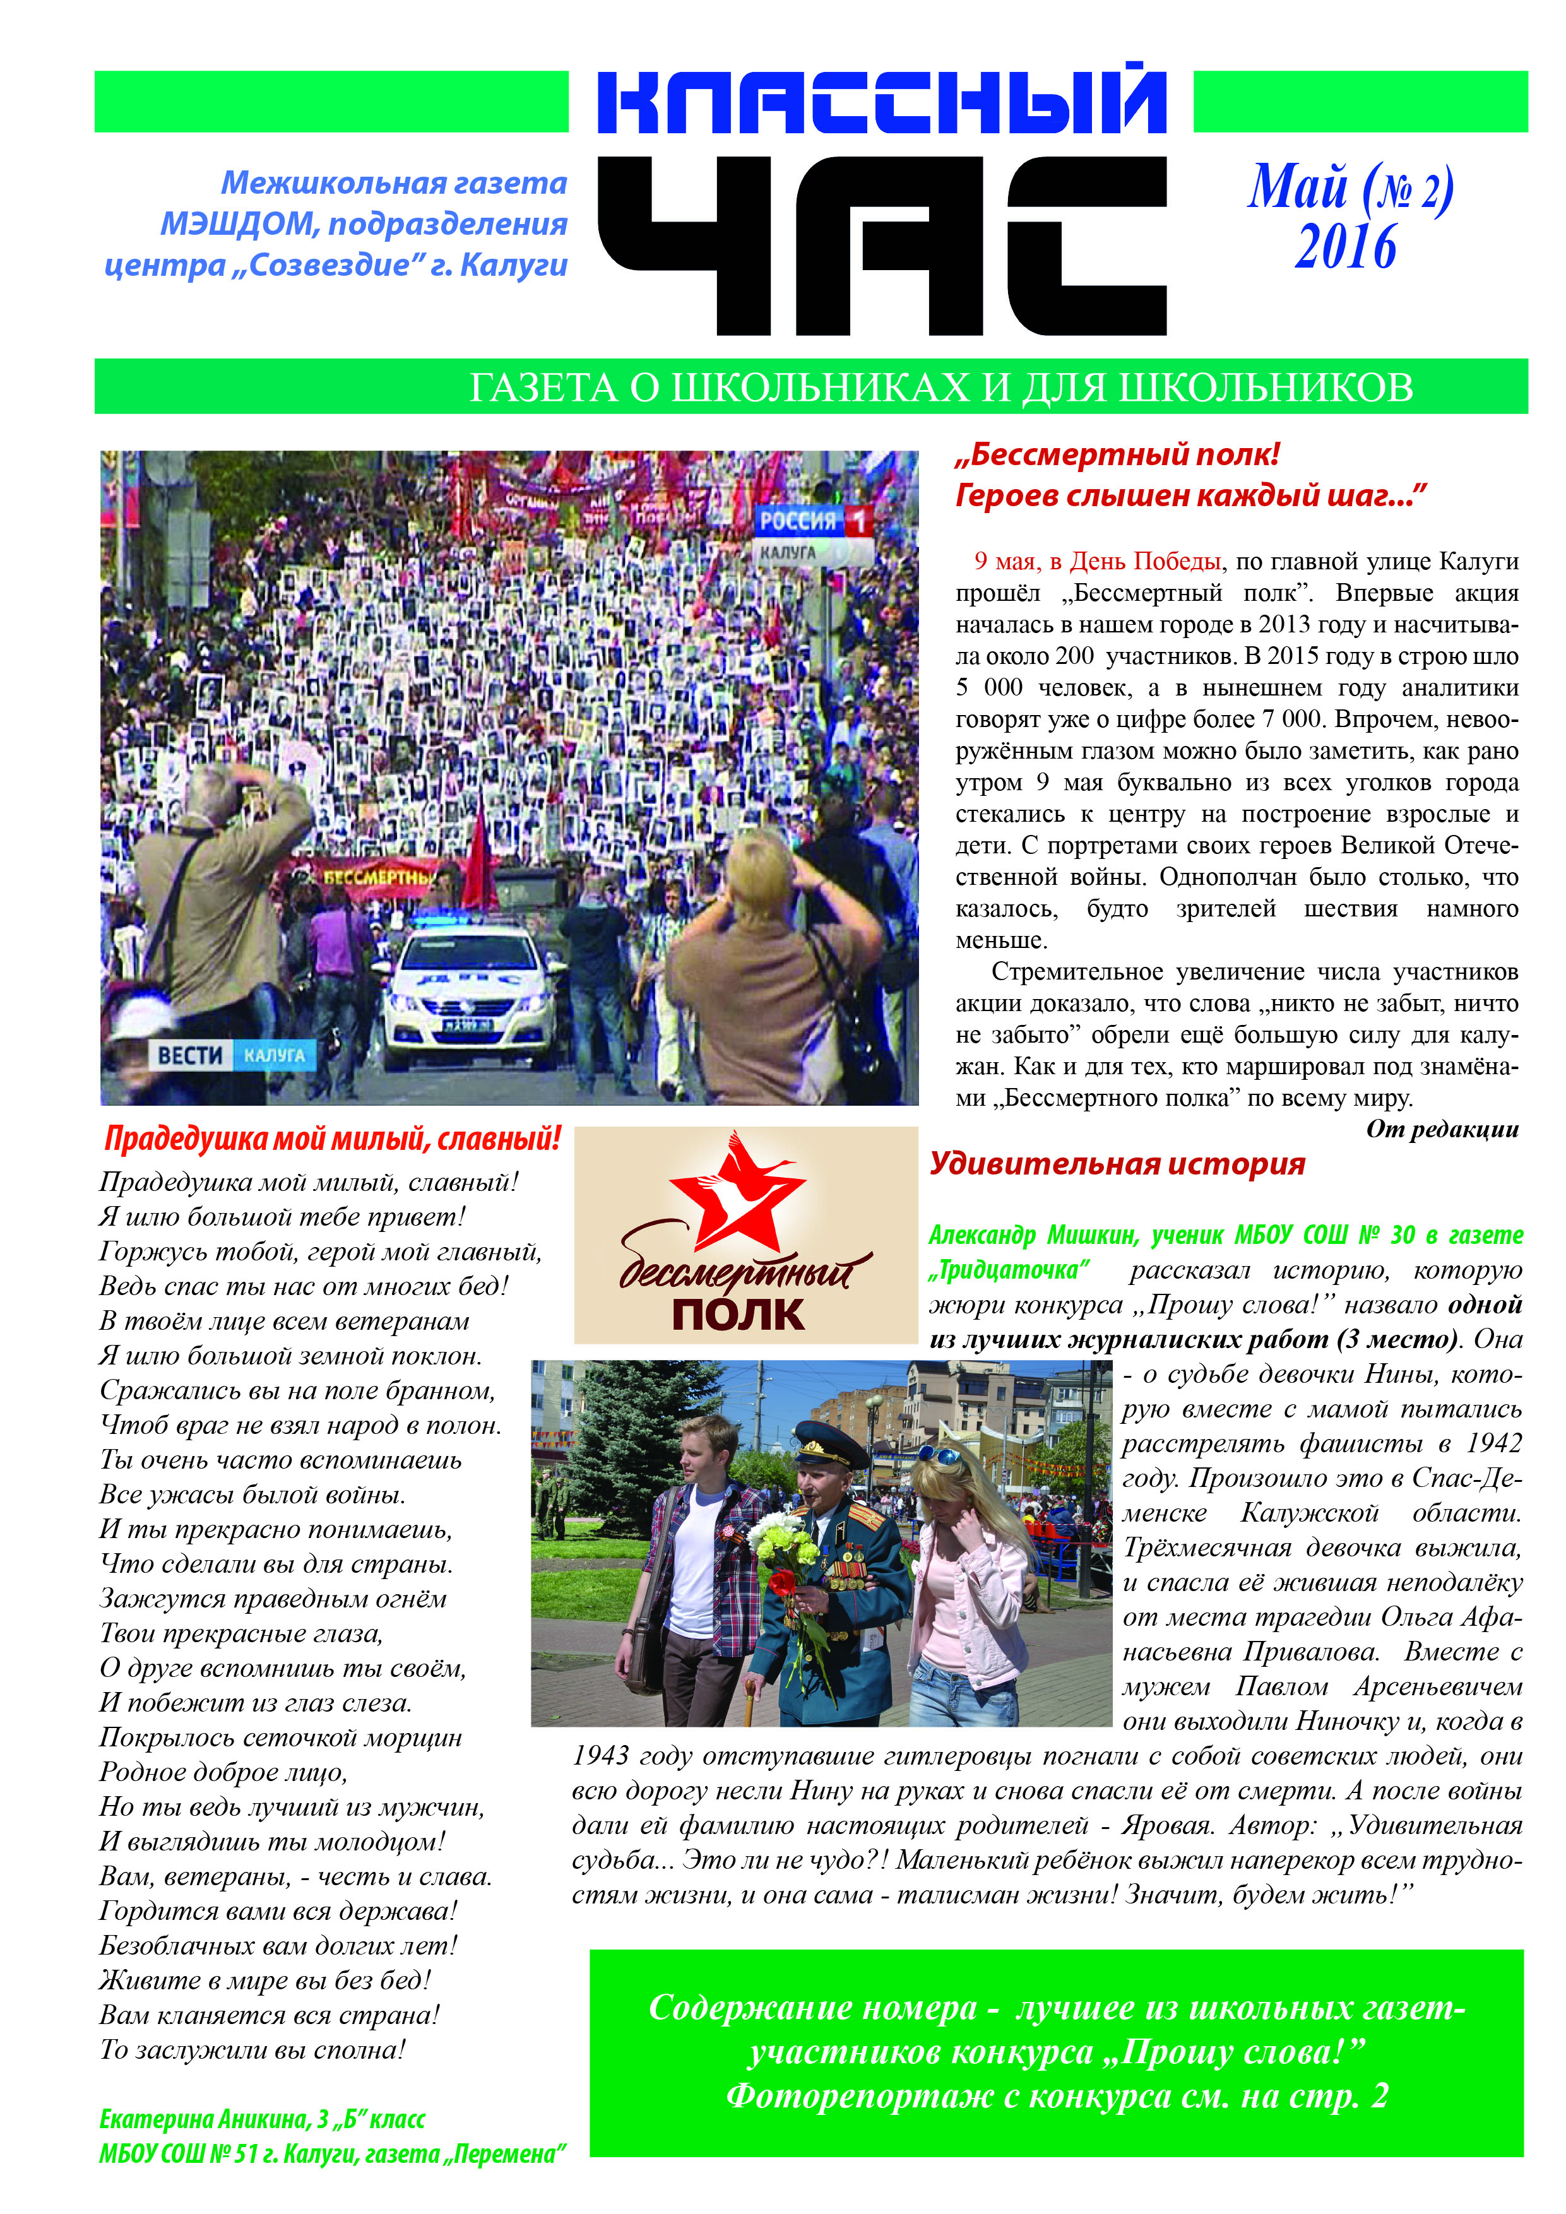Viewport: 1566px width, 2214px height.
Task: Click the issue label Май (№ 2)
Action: [1350, 187]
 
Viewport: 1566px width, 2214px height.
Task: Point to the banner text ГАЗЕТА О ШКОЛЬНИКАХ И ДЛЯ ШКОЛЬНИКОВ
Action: [940, 388]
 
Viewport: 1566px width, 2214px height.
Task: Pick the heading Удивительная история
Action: [1117, 1164]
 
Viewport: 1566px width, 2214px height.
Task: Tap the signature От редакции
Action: [1442, 1129]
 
